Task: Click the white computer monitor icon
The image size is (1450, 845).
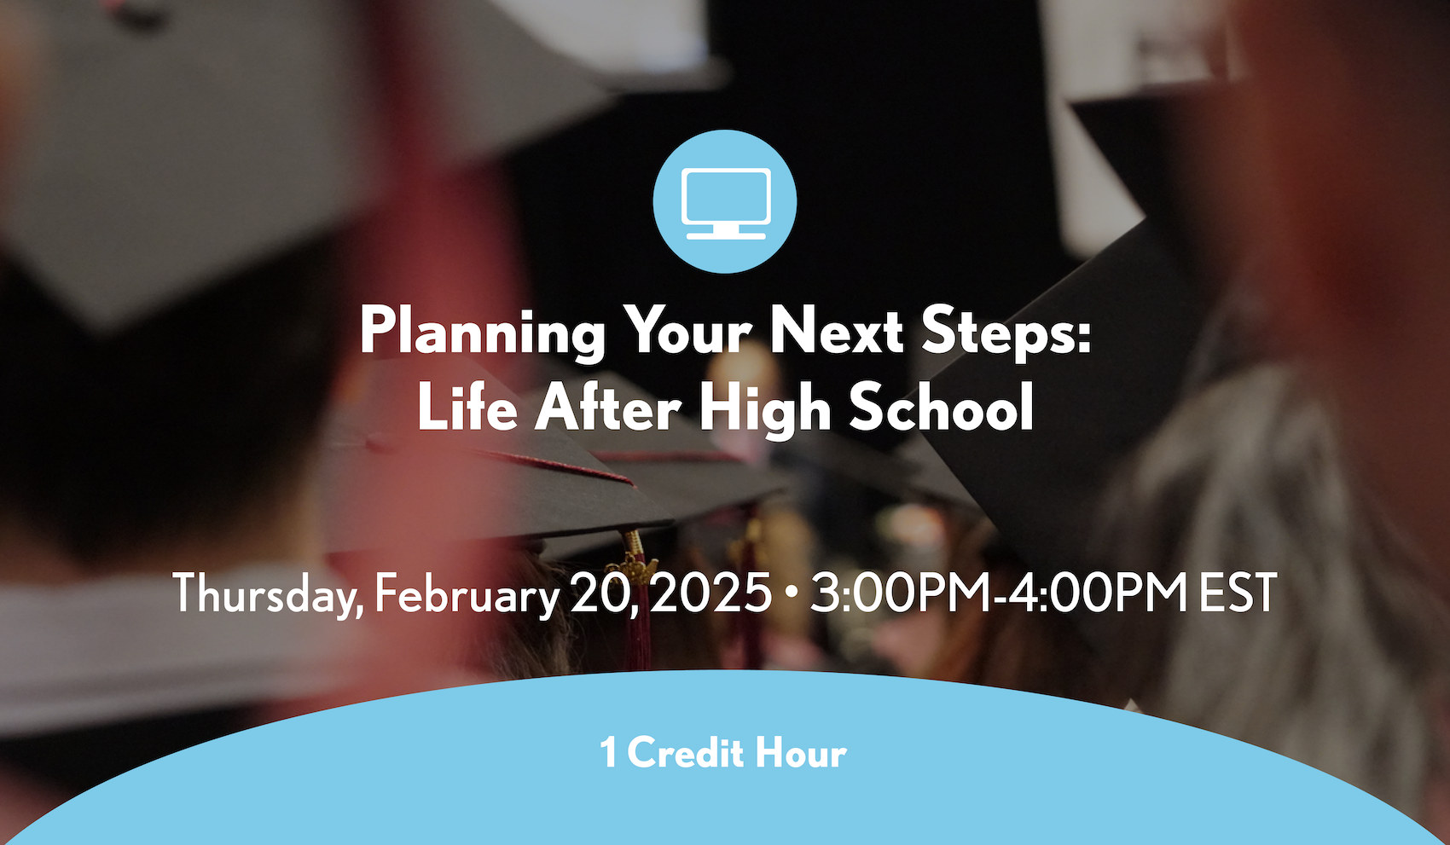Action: (726, 204)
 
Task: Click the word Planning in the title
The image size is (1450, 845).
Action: (482, 332)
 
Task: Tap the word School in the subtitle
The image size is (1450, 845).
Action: (941, 407)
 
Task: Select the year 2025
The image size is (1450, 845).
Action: (710, 593)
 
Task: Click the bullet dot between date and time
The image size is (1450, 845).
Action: (791, 593)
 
